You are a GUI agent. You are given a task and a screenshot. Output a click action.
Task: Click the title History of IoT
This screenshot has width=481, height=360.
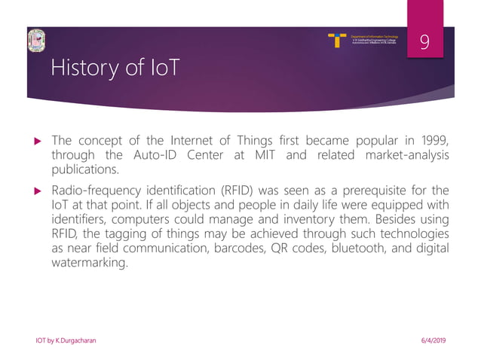tap(115, 69)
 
